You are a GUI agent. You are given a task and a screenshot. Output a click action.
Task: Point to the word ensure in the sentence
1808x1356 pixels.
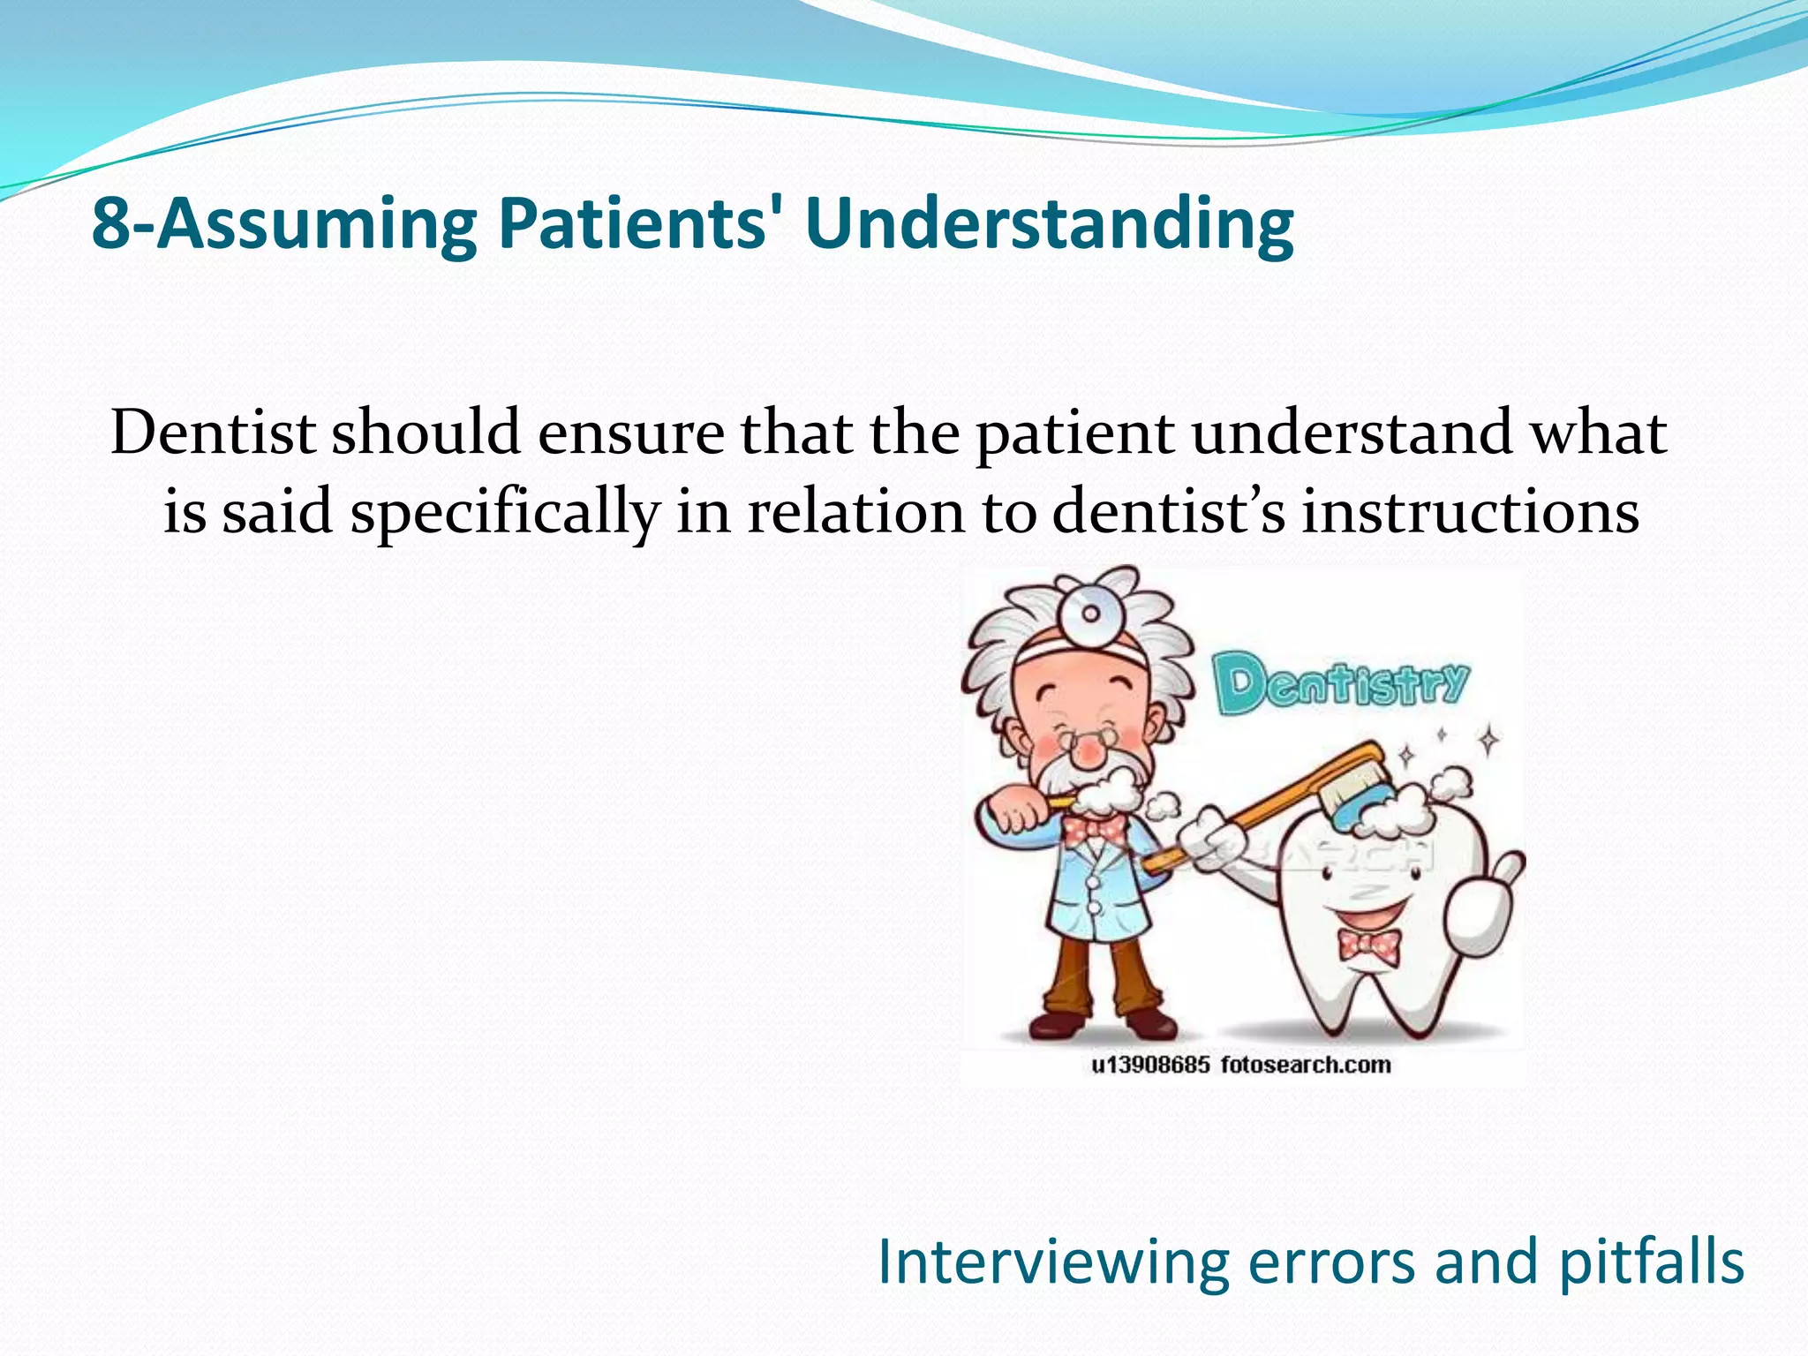629,434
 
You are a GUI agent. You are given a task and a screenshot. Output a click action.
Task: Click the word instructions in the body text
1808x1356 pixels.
1470,512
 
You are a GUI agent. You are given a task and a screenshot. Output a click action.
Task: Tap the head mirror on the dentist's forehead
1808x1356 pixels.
1090,613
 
